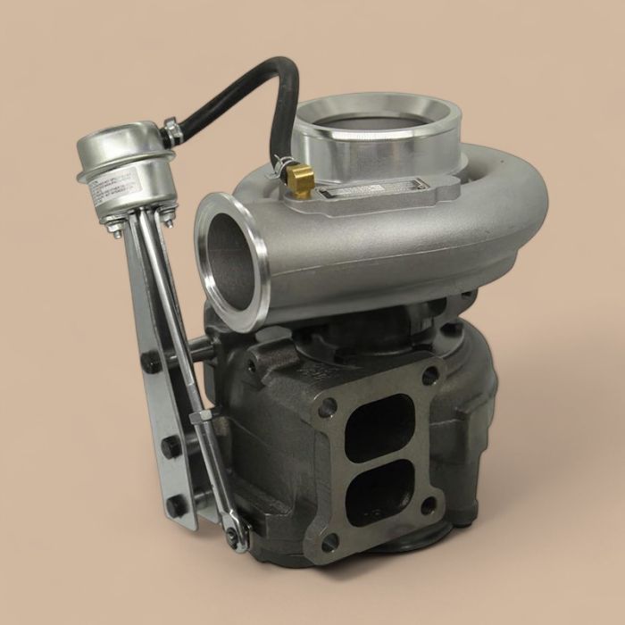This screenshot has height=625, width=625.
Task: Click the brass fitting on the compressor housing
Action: [x=301, y=182]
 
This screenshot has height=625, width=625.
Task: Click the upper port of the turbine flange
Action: [x=379, y=426]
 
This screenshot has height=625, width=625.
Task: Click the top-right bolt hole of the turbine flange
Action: [x=429, y=375]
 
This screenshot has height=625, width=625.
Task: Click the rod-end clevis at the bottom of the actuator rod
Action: [x=234, y=534]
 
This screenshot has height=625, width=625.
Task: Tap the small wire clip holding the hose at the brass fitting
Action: [x=284, y=163]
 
